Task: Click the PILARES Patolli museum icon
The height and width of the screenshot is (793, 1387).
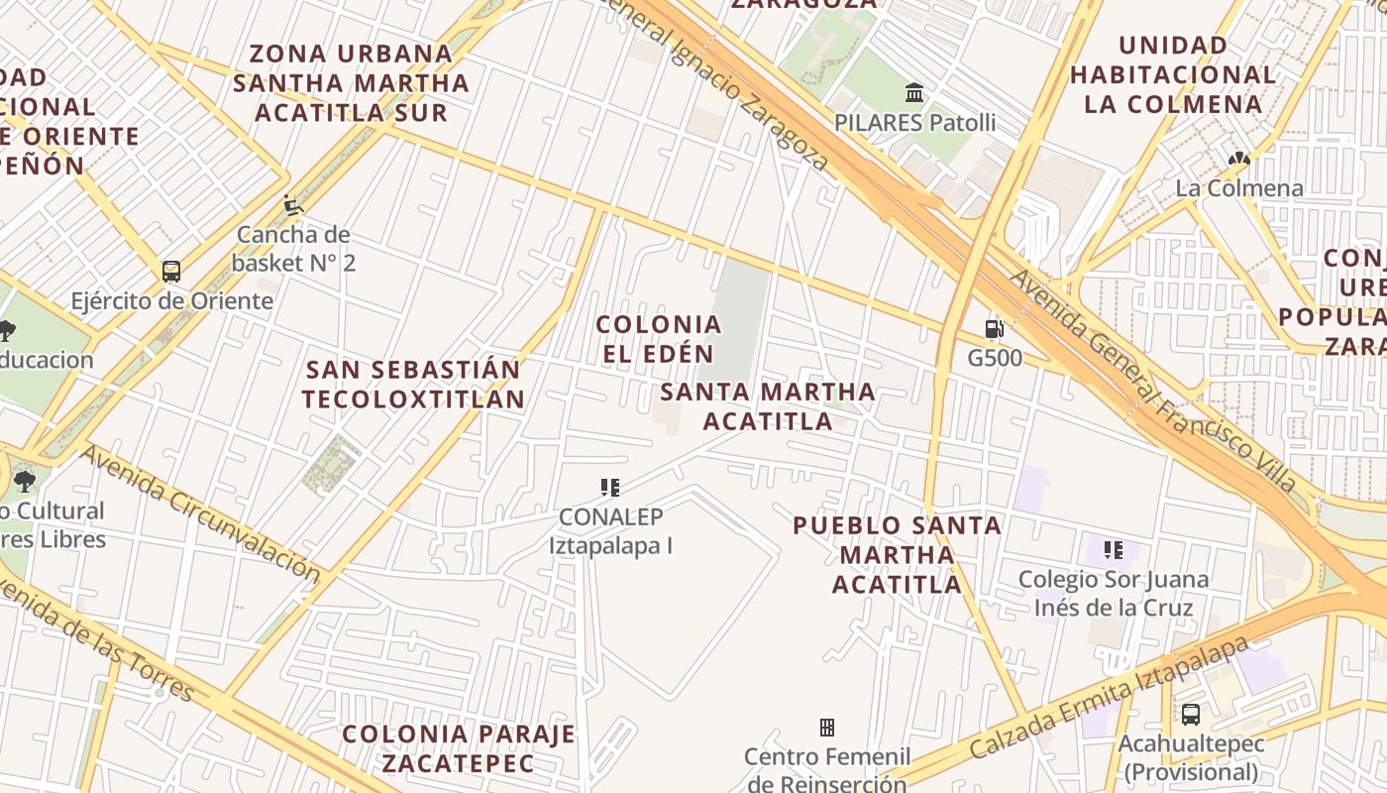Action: click(x=914, y=93)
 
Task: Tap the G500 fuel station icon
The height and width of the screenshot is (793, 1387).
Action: click(x=994, y=329)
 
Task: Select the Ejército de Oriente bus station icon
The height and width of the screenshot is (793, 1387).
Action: click(x=171, y=271)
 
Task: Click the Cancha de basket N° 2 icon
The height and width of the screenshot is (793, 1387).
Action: click(x=292, y=205)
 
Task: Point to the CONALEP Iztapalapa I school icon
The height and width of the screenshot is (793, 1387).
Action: click(x=610, y=487)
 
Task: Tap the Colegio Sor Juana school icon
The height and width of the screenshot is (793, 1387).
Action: click(x=1114, y=549)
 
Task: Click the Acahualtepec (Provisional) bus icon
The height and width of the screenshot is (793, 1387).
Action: click(x=1190, y=714)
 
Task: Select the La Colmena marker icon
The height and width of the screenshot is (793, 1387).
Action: click(x=1237, y=159)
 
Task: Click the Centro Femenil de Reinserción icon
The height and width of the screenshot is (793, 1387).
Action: click(x=826, y=728)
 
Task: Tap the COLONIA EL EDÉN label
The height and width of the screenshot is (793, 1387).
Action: click(x=658, y=339)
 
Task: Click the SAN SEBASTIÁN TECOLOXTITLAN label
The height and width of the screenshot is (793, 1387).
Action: click(x=413, y=385)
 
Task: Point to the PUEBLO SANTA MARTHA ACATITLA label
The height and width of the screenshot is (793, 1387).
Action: click(x=898, y=554)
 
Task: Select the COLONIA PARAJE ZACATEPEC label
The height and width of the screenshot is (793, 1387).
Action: click(x=458, y=748)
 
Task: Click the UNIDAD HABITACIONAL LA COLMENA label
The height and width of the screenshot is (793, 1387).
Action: click(x=1173, y=74)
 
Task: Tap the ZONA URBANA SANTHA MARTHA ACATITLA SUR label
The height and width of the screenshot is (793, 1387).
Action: click(x=351, y=82)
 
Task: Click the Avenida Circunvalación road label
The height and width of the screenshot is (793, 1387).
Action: click(x=202, y=513)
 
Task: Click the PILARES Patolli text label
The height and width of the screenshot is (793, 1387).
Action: click(x=914, y=123)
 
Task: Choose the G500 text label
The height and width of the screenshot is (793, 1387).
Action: click(x=994, y=358)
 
